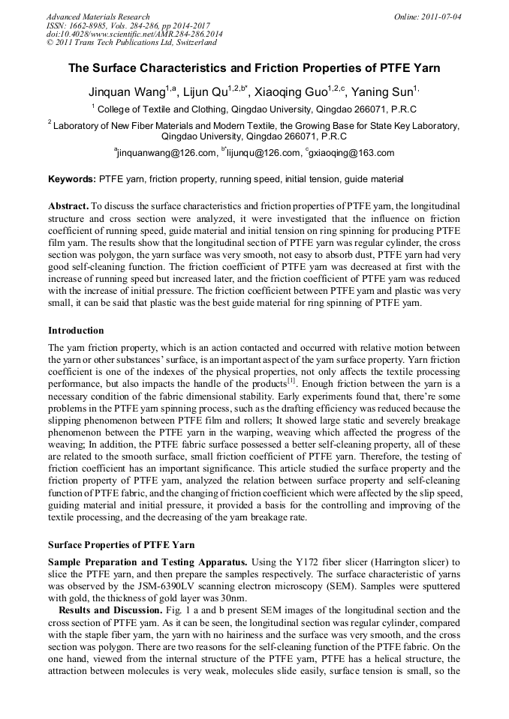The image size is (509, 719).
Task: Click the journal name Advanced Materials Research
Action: click(98, 16)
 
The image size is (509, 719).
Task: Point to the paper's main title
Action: click(254, 67)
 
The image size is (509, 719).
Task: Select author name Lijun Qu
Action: click(211, 91)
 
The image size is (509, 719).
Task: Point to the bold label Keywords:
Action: click(72, 179)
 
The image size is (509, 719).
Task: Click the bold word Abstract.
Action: click(68, 205)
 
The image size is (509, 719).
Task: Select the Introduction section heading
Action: click(76, 331)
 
